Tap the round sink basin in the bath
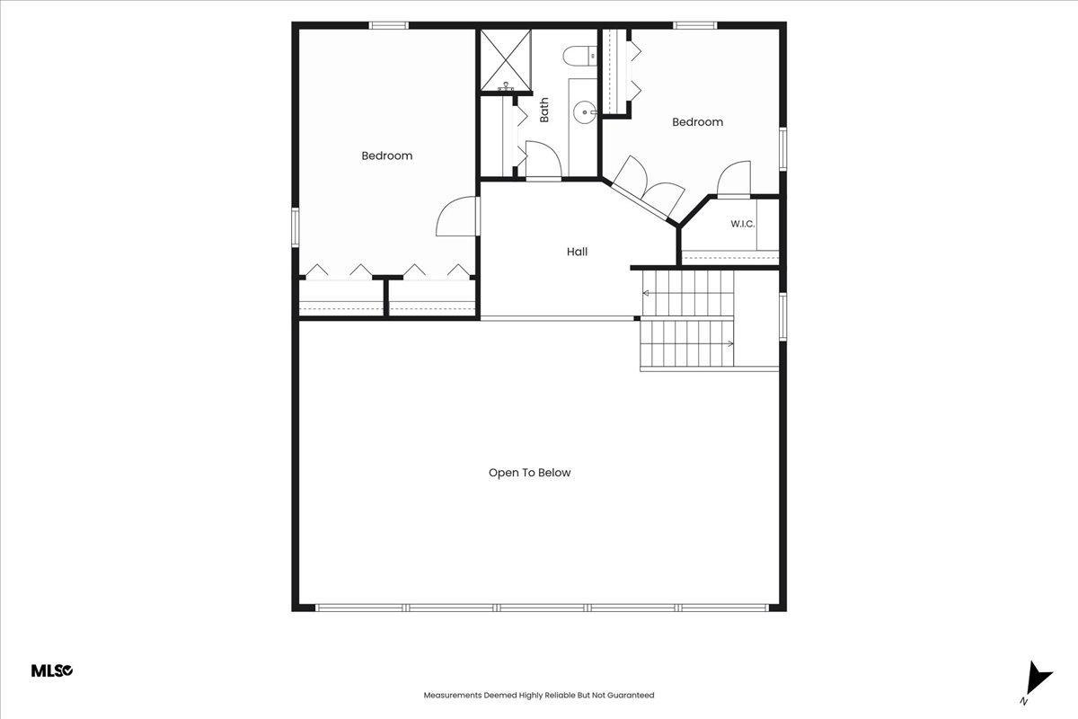point(584,112)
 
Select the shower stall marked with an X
point(507,60)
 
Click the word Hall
point(577,252)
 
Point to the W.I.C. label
point(743,224)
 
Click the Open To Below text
point(529,473)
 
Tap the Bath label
point(543,111)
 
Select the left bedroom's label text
point(387,155)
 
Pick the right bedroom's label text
point(697,122)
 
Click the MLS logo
point(52,670)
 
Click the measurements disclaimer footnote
point(538,695)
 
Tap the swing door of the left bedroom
point(457,217)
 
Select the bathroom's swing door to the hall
point(543,161)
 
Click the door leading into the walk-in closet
point(733,179)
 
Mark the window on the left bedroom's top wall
point(389,25)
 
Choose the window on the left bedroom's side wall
point(296,227)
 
